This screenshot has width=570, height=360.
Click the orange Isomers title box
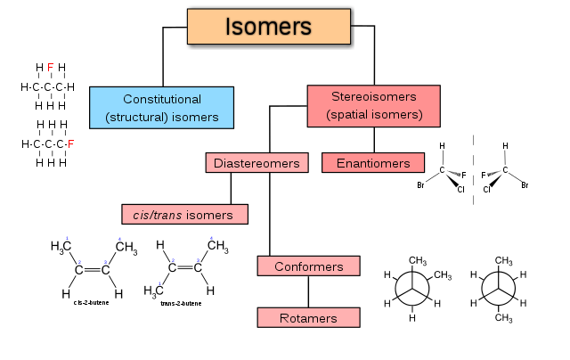[x=268, y=27]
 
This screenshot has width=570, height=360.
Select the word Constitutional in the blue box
[x=162, y=99]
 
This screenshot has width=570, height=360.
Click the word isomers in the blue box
[x=196, y=117]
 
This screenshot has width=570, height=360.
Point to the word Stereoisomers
[x=373, y=97]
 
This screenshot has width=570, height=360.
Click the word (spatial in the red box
[x=348, y=115]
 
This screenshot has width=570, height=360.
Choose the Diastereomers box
[x=257, y=163]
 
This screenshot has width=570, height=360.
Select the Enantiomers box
[x=373, y=163]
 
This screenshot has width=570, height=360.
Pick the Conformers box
[x=308, y=266]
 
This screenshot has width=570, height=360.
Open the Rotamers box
[x=308, y=317]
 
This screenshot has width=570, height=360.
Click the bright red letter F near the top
[x=50, y=68]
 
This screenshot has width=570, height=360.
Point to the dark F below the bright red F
[x=71, y=144]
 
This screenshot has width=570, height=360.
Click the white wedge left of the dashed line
[x=453, y=174]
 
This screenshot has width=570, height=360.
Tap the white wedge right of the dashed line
[x=493, y=174]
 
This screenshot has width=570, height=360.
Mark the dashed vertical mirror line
[x=473, y=169]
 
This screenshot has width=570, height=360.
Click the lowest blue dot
[x=159, y=283]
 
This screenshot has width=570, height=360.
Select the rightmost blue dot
[x=212, y=239]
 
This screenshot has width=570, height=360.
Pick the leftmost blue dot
[x=67, y=239]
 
